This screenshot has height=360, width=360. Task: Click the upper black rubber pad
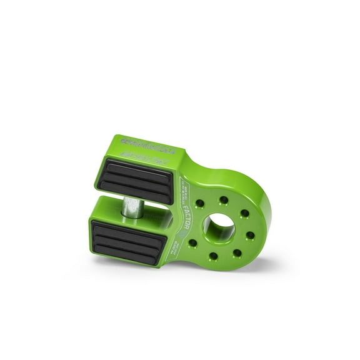click(136, 181)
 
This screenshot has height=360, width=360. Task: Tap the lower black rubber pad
click(129, 241)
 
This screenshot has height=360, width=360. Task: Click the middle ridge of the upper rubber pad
click(136, 181)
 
